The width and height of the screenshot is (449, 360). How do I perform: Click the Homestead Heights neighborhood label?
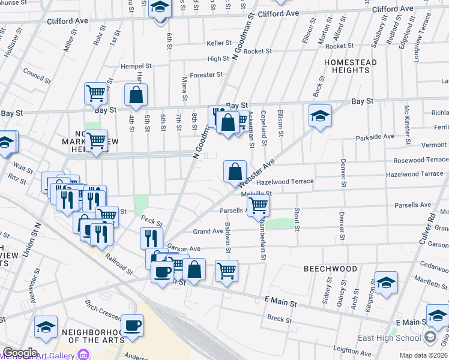coord(351,66)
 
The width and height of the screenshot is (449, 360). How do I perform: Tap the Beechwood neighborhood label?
coord(330,269)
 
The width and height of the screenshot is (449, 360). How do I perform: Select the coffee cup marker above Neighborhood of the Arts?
coord(133,326)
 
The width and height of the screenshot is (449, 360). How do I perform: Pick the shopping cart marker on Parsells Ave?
coord(258,205)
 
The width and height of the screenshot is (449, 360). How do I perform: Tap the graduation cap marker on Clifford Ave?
coord(160,9)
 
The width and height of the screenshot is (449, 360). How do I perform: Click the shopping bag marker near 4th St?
coord(136,95)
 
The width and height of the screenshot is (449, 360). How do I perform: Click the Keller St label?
coord(218,43)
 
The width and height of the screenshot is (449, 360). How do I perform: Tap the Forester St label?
coord(206,75)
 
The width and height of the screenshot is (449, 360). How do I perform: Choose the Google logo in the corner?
coord(19,353)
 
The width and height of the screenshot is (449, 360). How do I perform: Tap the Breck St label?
coord(279,318)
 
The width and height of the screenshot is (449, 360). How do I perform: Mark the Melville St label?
coord(257,193)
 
